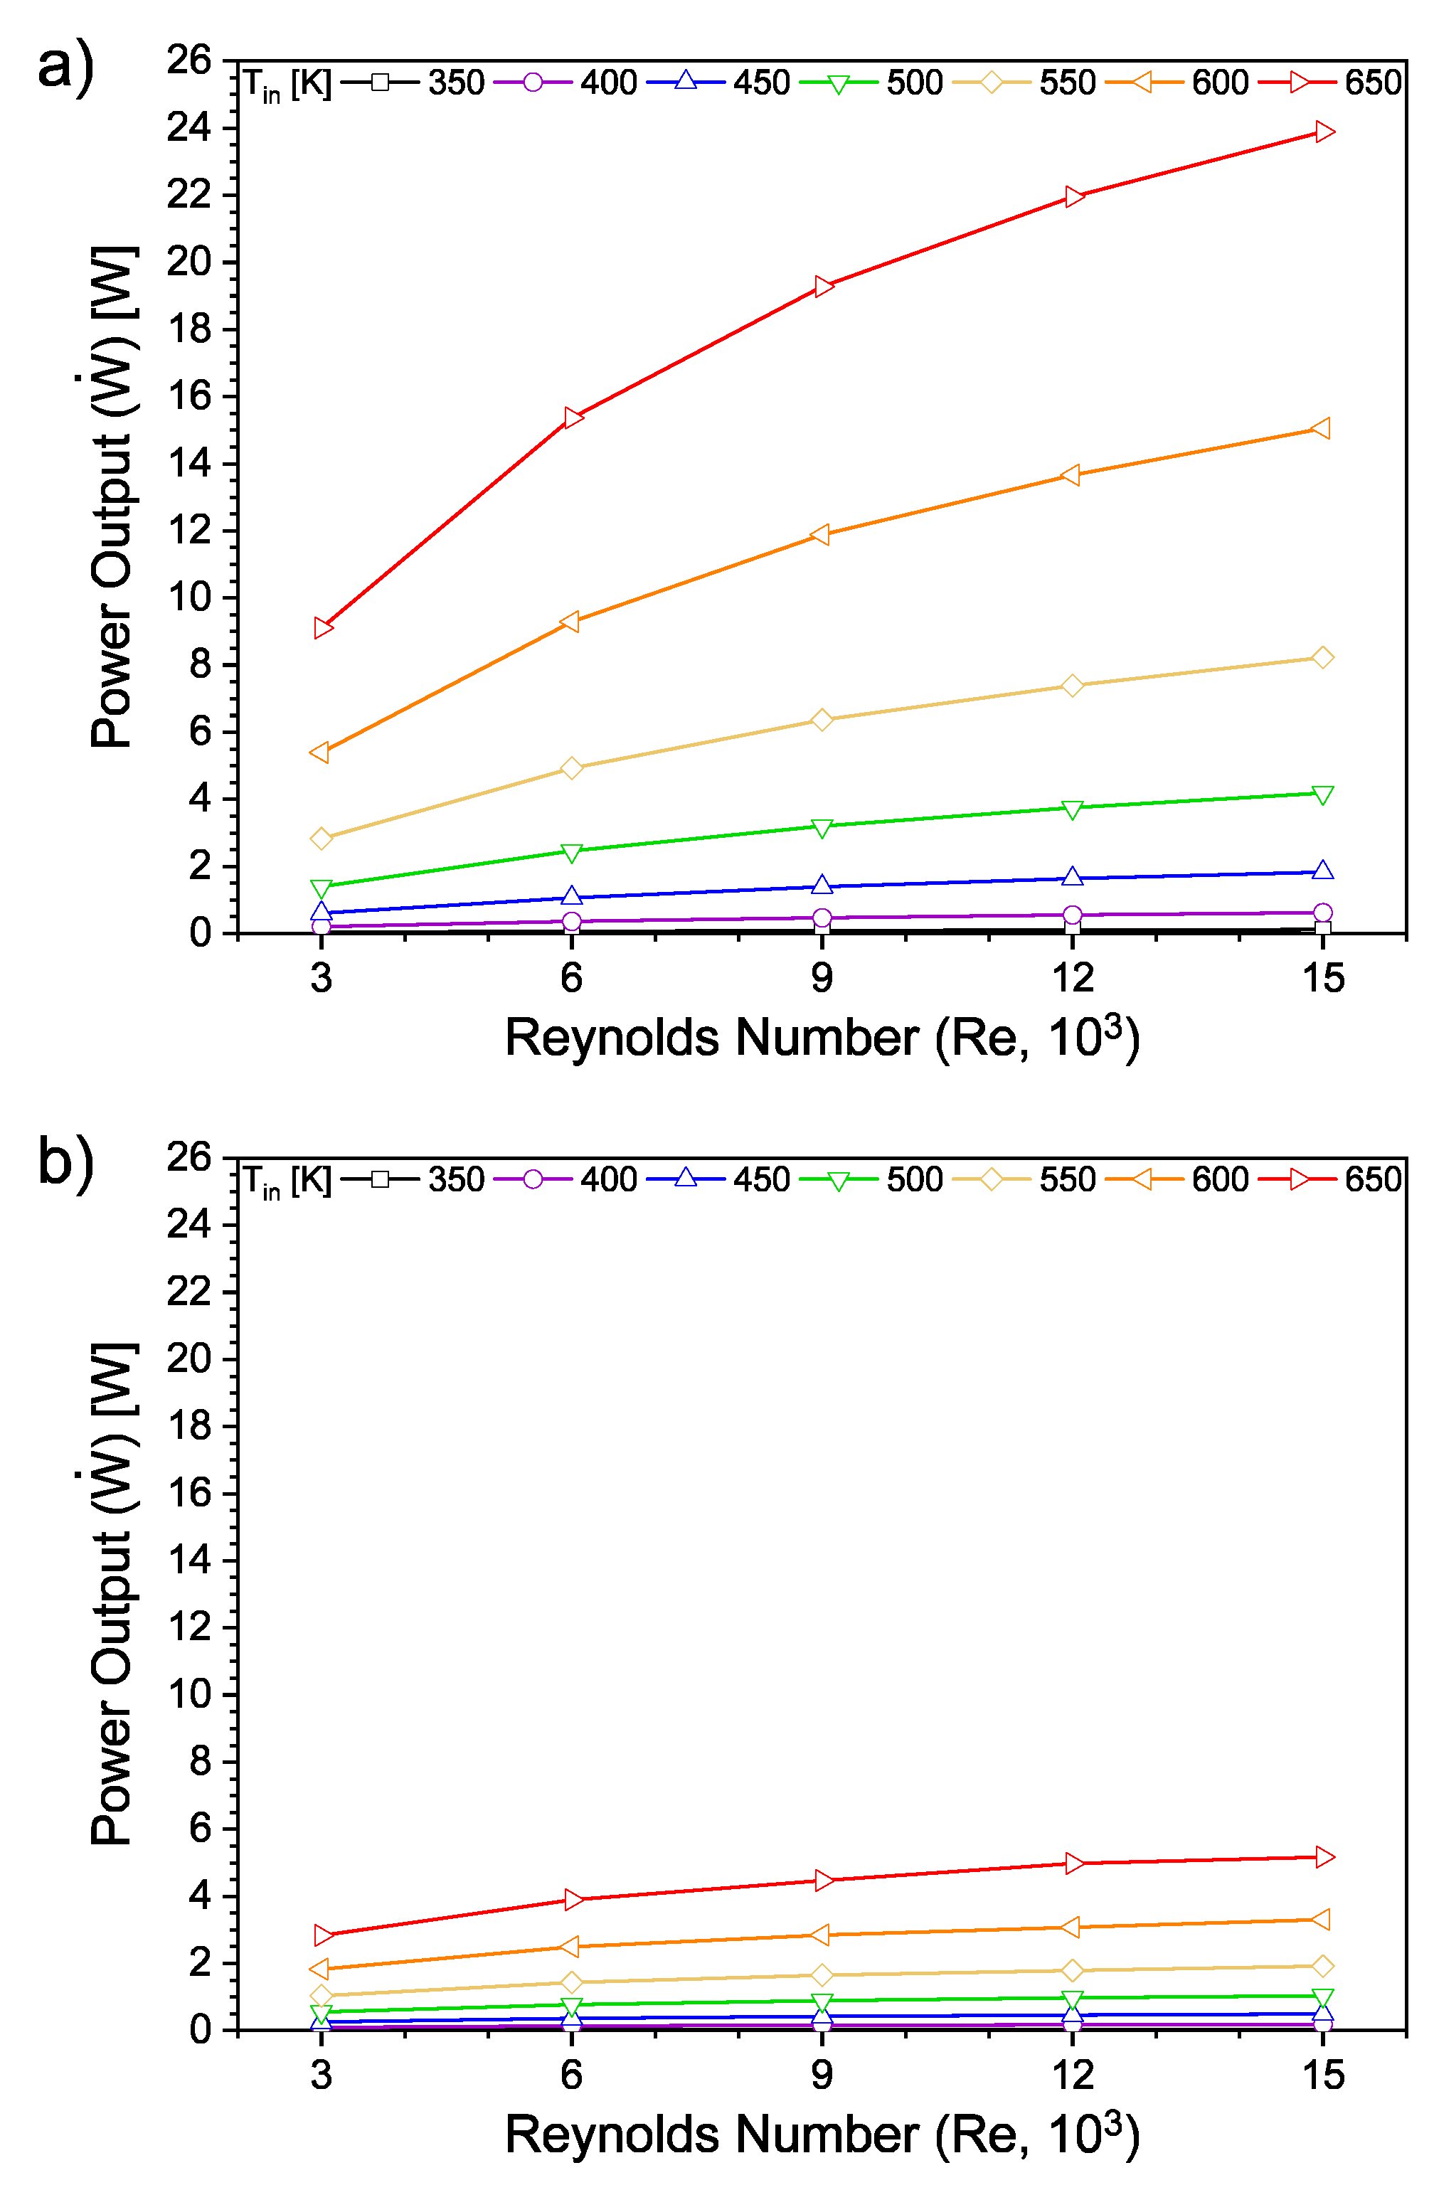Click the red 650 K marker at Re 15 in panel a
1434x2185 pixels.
[x=1323, y=132]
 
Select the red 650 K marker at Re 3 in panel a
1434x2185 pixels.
[x=322, y=628]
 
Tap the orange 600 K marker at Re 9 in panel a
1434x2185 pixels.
[x=821, y=534]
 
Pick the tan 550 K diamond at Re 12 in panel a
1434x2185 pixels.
[x=1072, y=686]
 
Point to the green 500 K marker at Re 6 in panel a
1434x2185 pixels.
[x=571, y=853]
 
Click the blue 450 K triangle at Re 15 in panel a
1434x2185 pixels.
[x=1323, y=871]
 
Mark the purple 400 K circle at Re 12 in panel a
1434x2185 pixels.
[x=1072, y=915]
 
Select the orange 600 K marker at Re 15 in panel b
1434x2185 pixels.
[x=1322, y=1920]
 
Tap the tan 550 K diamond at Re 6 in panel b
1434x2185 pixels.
[x=571, y=1983]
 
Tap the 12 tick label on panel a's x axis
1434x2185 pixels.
[x=1072, y=979]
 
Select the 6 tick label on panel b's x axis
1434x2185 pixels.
[x=571, y=2075]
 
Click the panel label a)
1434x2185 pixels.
[x=65, y=66]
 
